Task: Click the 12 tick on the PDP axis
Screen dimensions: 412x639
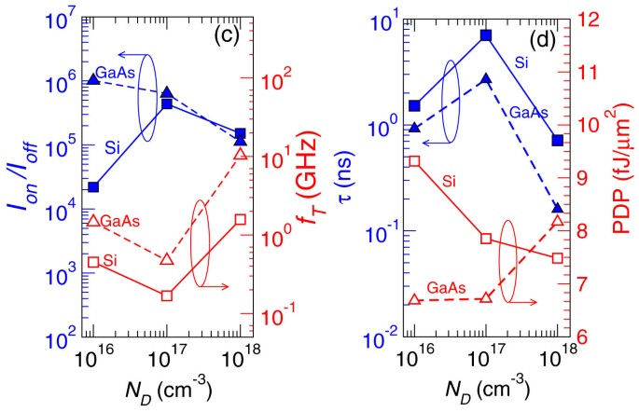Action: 584,19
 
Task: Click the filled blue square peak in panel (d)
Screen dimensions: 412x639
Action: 486,35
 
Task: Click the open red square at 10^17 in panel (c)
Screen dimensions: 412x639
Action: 167,295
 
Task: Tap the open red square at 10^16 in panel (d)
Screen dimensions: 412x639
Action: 415,161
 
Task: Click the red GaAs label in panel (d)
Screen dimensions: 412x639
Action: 447,287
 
